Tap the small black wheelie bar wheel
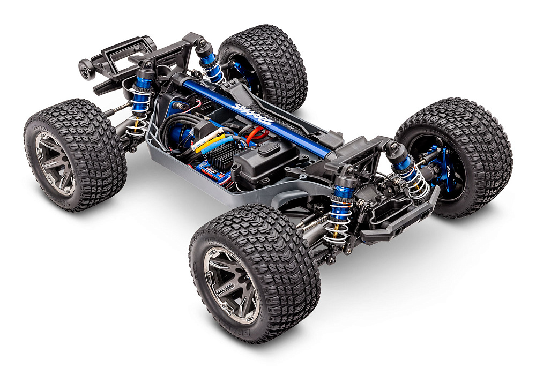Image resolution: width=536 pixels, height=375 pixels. [x=86, y=69]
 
